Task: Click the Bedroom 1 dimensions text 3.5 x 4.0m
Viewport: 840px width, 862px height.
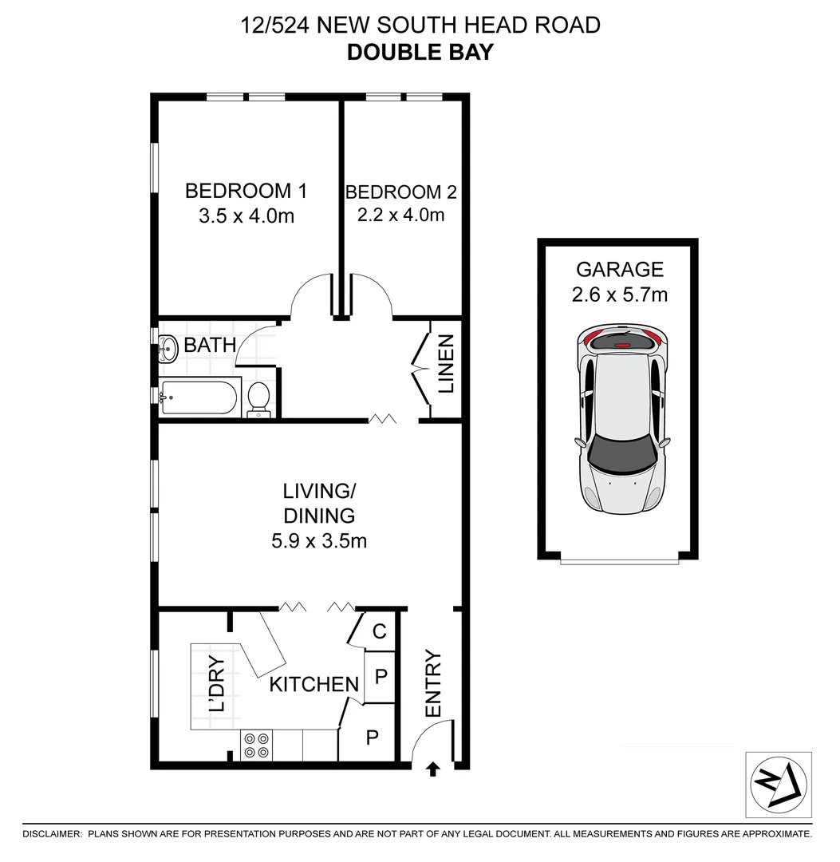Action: click(x=246, y=215)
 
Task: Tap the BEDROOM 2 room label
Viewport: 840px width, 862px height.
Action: click(x=401, y=192)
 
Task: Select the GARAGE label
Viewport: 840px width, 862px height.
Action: click(x=620, y=269)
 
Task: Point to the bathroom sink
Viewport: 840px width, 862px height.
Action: click(x=168, y=347)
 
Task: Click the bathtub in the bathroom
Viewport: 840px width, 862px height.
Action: click(x=199, y=397)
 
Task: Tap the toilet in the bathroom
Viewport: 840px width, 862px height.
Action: click(x=258, y=398)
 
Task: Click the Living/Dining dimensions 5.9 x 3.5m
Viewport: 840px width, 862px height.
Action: click(x=319, y=540)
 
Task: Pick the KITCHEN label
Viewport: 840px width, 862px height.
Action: click(x=314, y=684)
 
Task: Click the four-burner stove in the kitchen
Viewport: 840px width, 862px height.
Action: click(x=256, y=745)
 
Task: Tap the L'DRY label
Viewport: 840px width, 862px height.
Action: click(x=217, y=683)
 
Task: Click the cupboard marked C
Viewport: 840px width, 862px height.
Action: click(x=380, y=631)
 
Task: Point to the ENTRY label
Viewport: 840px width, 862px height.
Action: click(x=433, y=684)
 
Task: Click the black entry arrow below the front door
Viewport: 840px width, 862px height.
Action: click(x=433, y=769)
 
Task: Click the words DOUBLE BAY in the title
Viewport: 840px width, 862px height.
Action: click(x=420, y=53)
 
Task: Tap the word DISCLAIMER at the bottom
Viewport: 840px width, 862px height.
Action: click(x=52, y=834)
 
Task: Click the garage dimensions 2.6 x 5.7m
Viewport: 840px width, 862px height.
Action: click(x=620, y=295)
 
